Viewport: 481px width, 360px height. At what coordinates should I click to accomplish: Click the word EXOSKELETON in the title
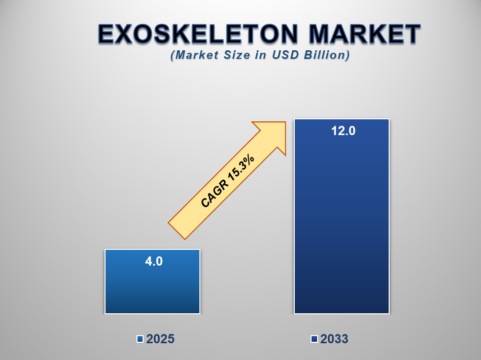(198, 34)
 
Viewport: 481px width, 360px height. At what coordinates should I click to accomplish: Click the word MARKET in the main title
(364, 34)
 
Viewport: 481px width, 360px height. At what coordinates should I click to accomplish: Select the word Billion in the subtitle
(327, 55)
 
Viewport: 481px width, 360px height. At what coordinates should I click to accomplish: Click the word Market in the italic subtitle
(194, 55)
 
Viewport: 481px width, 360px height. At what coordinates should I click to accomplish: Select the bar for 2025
(152, 281)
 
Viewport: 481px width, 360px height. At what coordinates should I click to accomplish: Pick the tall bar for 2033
(342, 216)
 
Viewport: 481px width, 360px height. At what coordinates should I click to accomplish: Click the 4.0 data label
(154, 261)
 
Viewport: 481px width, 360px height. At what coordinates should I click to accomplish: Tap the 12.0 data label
(343, 130)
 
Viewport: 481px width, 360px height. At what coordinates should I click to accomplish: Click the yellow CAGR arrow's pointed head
(285, 122)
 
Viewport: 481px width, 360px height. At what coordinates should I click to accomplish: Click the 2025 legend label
(160, 339)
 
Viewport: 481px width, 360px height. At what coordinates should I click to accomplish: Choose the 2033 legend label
(334, 339)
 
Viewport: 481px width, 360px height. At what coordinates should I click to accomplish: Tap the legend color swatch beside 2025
(140, 339)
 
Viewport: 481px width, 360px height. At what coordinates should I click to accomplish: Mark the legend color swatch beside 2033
(314, 339)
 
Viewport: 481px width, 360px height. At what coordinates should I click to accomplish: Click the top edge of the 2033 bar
(342, 119)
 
